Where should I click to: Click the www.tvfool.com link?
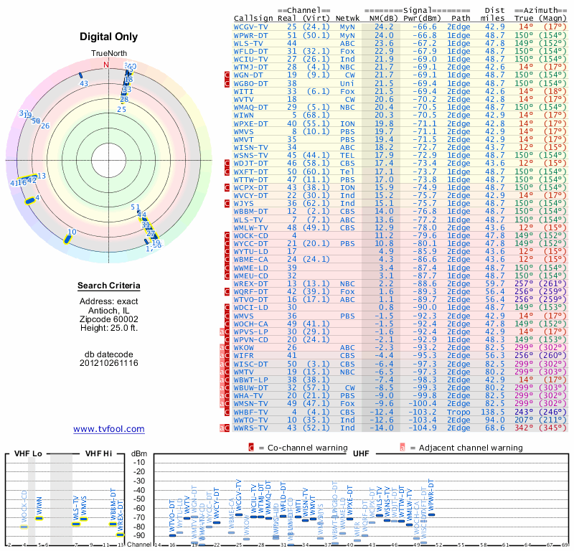108,429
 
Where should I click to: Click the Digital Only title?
109,37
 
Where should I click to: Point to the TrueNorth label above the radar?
108,55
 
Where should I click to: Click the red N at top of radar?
106,65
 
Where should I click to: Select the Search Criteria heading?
109,286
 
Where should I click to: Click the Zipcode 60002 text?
109,319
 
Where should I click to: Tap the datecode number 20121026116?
109,363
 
